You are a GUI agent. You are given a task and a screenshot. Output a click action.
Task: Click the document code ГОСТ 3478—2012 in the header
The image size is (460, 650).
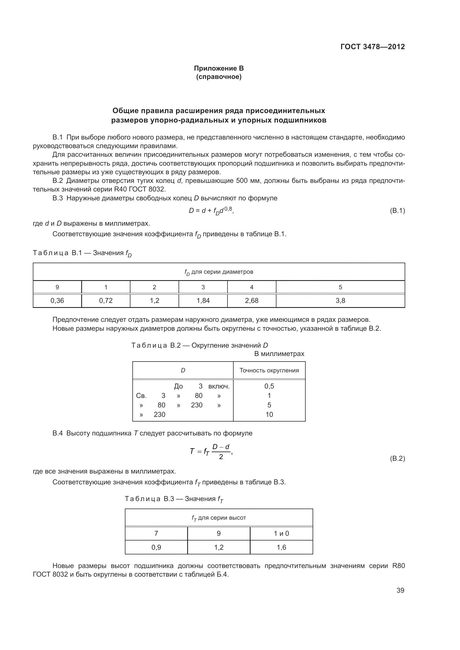point(372,47)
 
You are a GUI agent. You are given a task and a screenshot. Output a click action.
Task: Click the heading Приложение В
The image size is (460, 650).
point(219,68)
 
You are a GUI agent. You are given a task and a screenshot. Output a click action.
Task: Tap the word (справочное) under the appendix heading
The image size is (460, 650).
point(219,77)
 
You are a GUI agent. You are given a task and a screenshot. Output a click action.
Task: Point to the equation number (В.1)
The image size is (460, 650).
point(397,211)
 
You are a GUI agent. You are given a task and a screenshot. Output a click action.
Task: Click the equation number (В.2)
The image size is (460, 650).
point(397,458)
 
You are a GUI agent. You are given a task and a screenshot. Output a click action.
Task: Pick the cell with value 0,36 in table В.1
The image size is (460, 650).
point(57,301)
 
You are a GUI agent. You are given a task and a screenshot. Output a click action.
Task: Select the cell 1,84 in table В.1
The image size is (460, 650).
point(203,301)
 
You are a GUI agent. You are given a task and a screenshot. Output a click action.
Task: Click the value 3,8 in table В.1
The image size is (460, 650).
point(340,301)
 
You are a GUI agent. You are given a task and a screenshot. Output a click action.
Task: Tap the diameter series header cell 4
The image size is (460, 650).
point(251,287)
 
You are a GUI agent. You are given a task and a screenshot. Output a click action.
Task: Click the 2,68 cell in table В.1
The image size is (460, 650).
point(251,301)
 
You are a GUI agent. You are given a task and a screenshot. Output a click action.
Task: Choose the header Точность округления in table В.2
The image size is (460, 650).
point(269,370)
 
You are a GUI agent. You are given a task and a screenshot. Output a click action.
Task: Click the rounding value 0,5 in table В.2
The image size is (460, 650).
point(269,386)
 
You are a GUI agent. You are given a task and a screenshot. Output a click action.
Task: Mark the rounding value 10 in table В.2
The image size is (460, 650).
point(269,414)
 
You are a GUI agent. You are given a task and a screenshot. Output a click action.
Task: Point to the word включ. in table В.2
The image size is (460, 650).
point(219,386)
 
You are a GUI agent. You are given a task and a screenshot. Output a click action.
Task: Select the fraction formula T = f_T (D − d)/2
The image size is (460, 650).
point(211,451)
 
